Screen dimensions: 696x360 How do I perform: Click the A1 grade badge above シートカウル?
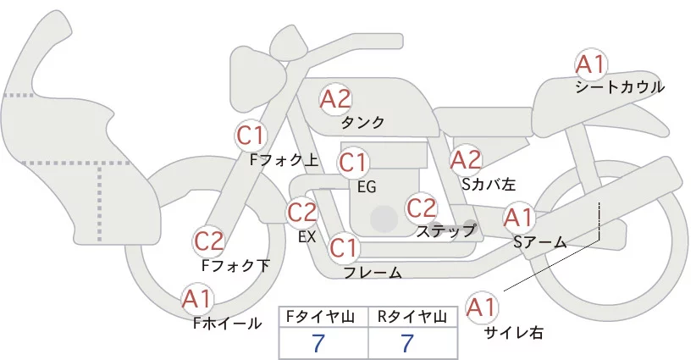[x=590, y=64]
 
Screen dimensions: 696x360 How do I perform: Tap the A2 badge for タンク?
[x=335, y=99]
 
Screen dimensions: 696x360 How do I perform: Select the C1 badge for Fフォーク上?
[x=251, y=135]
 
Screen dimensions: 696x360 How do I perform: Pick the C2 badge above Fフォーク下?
[x=209, y=241]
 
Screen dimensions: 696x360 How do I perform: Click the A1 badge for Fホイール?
[x=197, y=299]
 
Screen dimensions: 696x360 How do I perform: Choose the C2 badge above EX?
[x=302, y=212]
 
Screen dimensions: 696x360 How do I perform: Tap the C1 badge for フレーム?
[x=344, y=248]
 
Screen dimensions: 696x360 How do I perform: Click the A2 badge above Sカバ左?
[x=466, y=159]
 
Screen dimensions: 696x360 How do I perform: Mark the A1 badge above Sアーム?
[x=518, y=218]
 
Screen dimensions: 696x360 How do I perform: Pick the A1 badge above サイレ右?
[x=483, y=306]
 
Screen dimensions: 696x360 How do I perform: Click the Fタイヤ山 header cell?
[x=323, y=317]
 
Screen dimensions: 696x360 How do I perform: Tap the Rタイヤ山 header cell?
[x=414, y=317]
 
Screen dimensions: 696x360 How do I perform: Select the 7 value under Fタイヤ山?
[x=320, y=343]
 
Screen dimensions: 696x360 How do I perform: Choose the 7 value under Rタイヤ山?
[x=408, y=343]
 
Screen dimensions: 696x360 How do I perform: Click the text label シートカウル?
[x=619, y=86]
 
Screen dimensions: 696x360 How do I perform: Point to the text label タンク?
[x=362, y=122]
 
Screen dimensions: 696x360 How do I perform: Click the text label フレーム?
[x=373, y=272]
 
